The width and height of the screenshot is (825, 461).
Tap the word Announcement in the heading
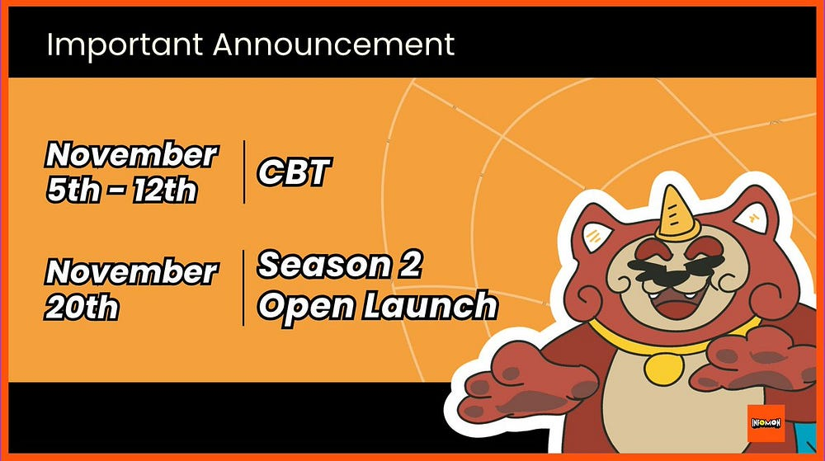[x=333, y=44]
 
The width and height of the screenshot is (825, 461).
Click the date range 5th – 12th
[x=122, y=190]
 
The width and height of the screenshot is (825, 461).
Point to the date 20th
[x=82, y=307]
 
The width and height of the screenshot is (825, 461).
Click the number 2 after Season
[x=405, y=266]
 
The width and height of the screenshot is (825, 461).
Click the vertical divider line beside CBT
[x=244, y=172]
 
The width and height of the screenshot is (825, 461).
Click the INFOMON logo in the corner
[x=766, y=423]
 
